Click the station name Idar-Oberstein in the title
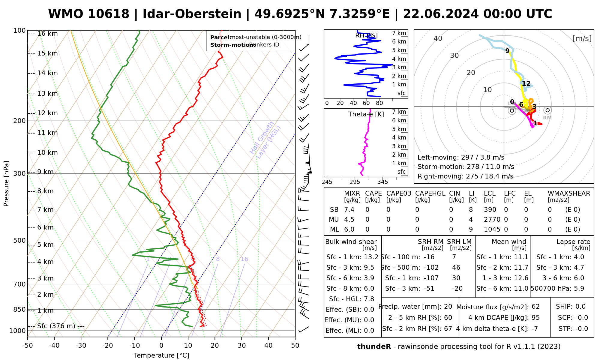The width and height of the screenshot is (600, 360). pos(192,14)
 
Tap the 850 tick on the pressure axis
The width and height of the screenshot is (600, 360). pos(20,310)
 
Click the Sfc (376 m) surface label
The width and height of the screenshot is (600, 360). pos(56,326)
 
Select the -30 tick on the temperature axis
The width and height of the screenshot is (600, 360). pos(81,346)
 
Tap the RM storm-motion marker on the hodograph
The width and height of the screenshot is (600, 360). pos(547,110)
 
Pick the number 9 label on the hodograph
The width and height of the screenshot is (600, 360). pos(507,51)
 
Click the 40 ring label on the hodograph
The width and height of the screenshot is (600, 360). pos(438,38)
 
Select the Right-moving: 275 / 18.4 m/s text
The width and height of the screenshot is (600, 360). pos(465,176)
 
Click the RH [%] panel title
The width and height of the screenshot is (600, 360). pos(366,35)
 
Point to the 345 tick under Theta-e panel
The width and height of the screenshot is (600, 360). pos(382,182)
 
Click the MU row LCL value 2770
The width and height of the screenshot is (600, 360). pos(492,220)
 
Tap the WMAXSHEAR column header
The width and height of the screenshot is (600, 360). pos(569,193)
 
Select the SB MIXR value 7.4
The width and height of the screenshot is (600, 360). pos(349,210)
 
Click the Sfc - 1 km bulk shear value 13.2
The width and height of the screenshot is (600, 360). pos(371,257)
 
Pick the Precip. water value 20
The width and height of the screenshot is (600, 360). pos(448,307)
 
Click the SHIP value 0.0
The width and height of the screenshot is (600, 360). pos(580,307)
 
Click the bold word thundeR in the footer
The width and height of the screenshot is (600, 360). pos(374,347)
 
